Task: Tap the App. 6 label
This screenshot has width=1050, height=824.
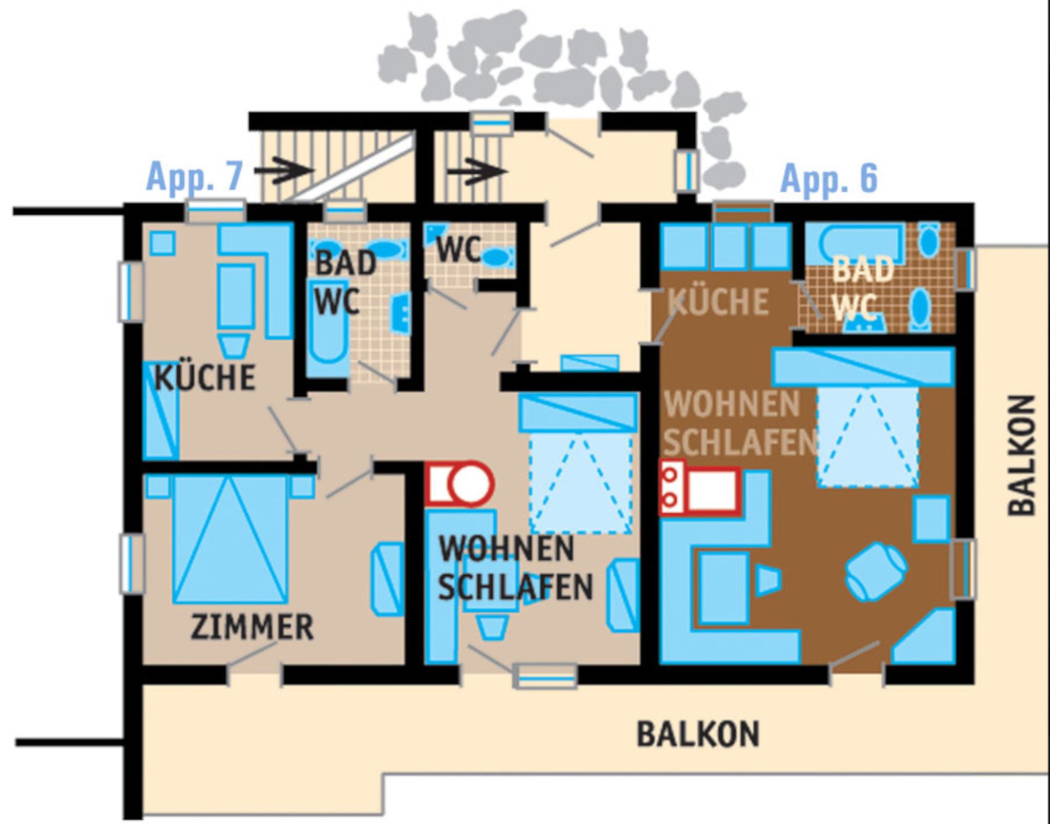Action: pyautogui.click(x=829, y=178)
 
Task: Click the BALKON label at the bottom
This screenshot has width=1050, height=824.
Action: pyautogui.click(x=698, y=734)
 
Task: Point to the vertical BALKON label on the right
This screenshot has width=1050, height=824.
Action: pyautogui.click(x=1021, y=455)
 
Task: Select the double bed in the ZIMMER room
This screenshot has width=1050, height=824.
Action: pyautogui.click(x=230, y=538)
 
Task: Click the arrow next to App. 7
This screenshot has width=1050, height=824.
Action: pyautogui.click(x=284, y=171)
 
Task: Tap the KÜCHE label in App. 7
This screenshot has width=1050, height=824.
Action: pyautogui.click(x=205, y=377)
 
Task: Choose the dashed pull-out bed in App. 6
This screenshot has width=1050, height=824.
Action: pyautogui.click(x=867, y=437)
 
